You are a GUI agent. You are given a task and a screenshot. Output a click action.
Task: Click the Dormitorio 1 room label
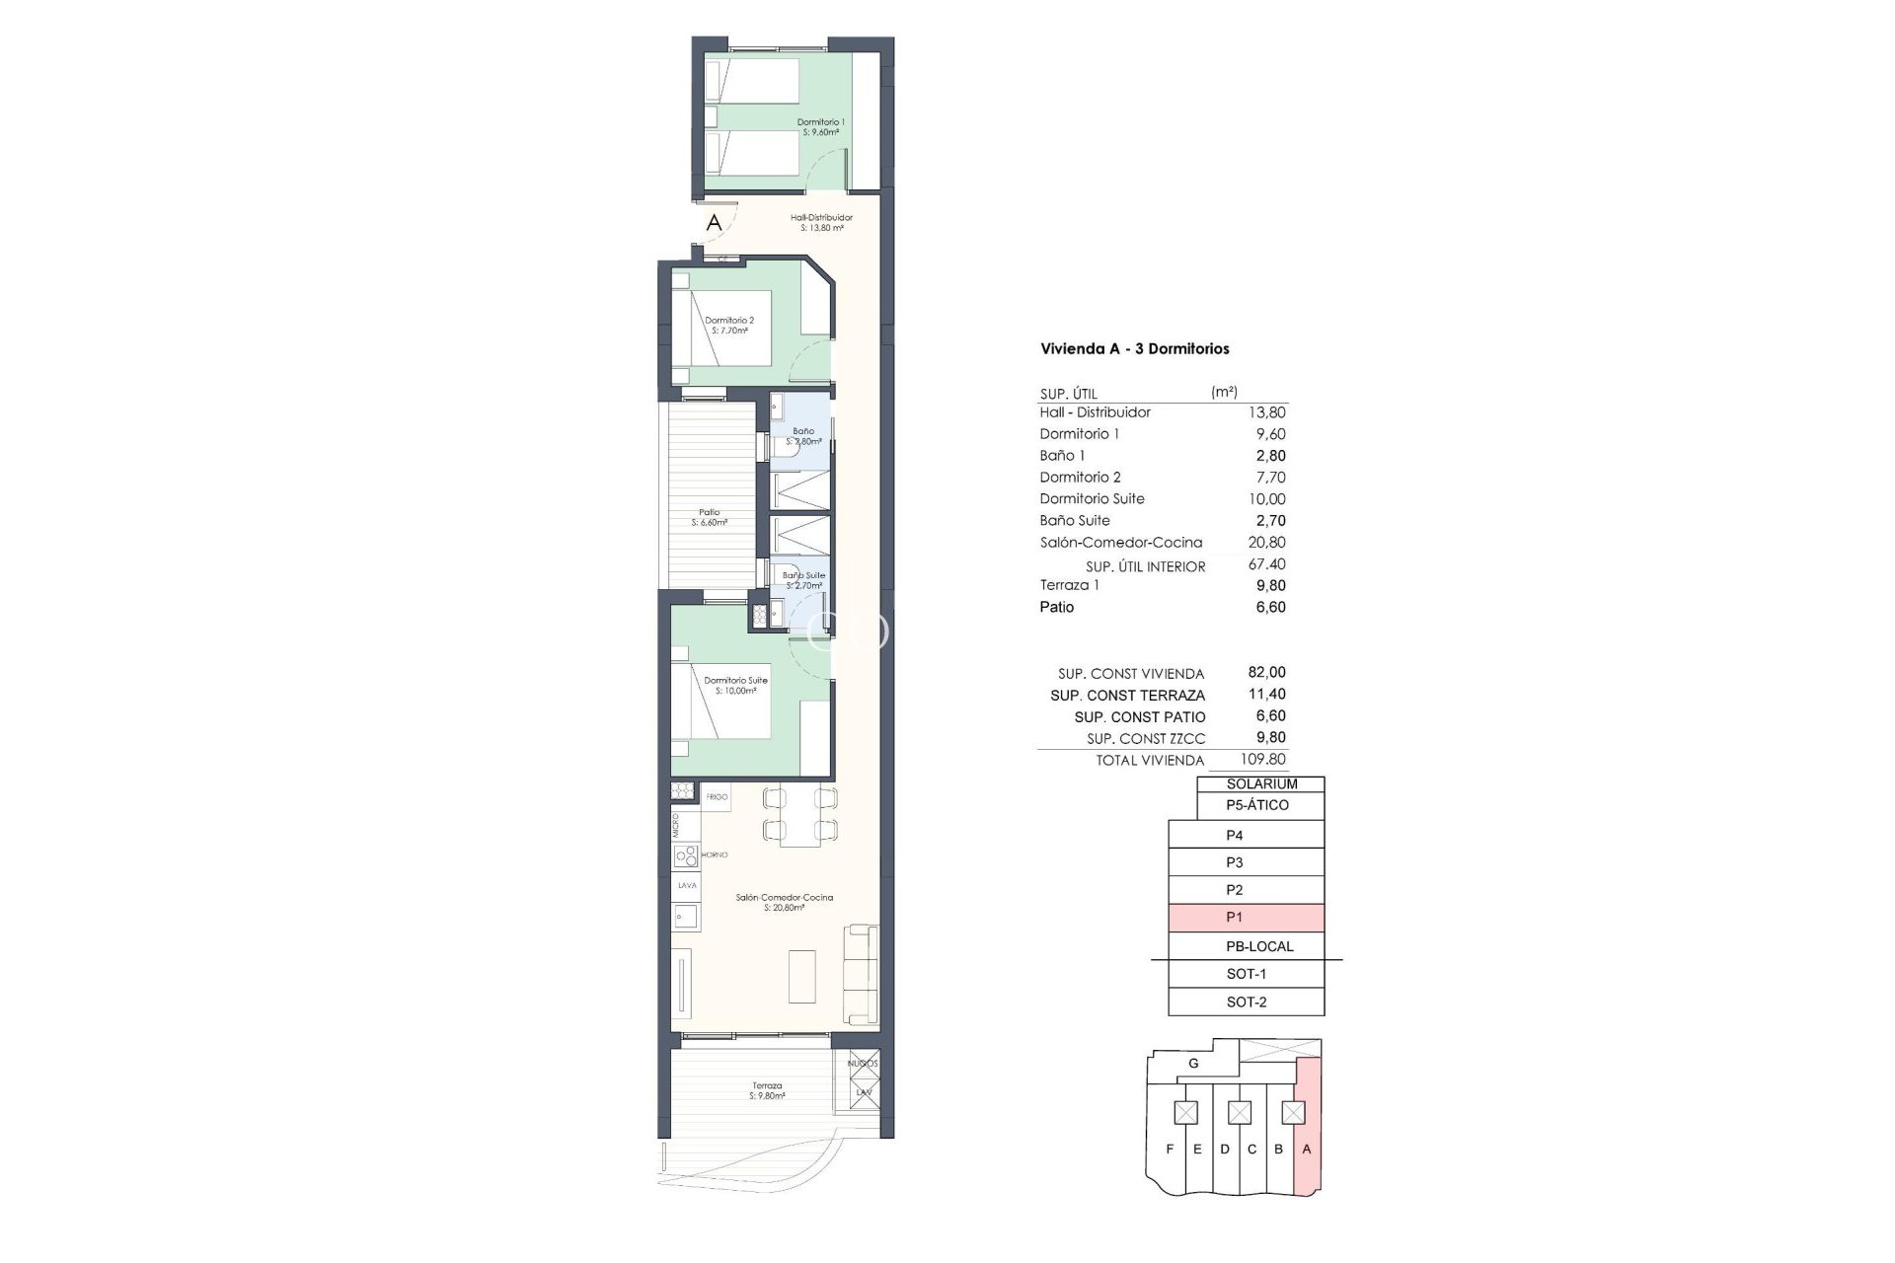[820, 126]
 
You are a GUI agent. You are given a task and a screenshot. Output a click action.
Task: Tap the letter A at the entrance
[714, 224]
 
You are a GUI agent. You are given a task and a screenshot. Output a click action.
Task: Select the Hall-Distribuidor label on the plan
[821, 222]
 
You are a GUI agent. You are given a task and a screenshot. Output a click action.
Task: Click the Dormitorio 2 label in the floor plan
[729, 325]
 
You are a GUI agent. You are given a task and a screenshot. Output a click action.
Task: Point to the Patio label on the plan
[709, 517]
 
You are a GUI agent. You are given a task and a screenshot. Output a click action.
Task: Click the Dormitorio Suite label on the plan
[735, 685]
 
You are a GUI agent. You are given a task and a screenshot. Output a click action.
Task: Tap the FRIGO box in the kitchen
[717, 796]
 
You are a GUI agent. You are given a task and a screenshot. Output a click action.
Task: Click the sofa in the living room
[862, 974]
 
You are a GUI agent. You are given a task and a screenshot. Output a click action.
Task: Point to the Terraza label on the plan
[766, 1090]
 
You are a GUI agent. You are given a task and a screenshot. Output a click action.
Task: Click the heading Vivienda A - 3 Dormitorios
[1134, 348]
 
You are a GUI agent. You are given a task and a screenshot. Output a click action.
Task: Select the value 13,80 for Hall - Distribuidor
[1266, 412]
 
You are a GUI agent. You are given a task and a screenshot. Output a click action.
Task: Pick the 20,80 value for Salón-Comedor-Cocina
[1266, 542]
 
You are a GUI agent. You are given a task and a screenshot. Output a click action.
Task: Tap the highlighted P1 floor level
[1246, 918]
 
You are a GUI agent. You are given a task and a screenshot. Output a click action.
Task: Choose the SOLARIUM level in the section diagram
[1261, 783]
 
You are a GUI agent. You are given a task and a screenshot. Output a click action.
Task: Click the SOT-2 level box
[1246, 1002]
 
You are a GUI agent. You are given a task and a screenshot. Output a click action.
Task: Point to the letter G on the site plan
[1193, 1064]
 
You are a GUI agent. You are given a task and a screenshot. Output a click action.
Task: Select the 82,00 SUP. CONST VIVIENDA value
[1266, 672]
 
